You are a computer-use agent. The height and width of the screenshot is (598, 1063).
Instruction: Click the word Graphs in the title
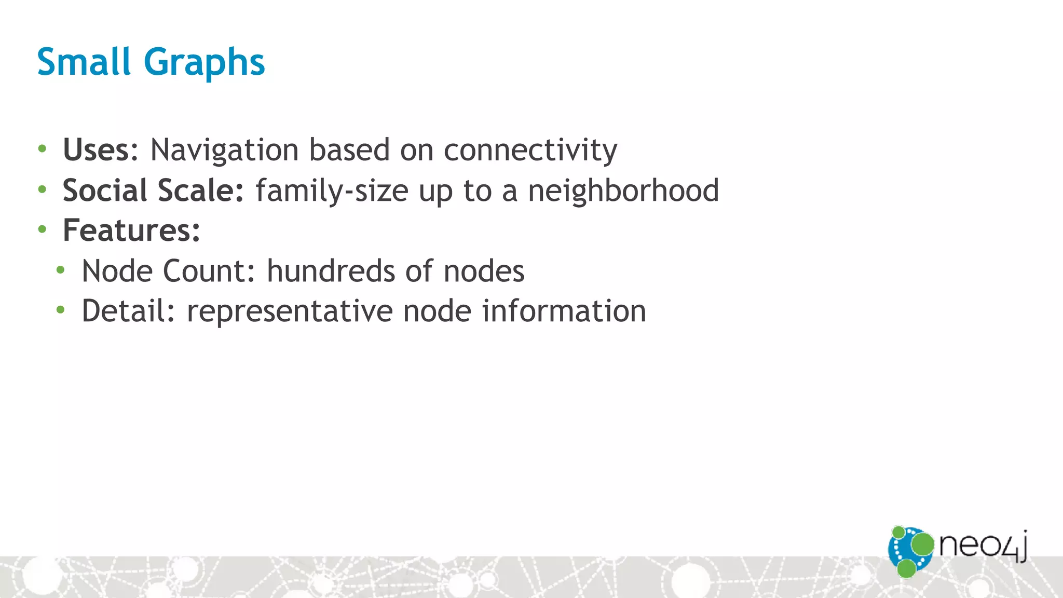click(204, 63)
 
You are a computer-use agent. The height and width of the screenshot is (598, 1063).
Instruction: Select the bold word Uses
click(96, 150)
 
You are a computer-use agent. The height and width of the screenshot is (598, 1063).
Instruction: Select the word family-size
click(332, 191)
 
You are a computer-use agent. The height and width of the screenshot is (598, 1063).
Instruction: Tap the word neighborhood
click(623, 190)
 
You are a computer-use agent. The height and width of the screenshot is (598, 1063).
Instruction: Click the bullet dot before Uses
click(42, 149)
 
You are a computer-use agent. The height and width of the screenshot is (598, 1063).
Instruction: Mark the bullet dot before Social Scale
click(42, 189)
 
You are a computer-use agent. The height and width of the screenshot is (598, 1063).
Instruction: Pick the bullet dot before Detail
click(61, 310)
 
